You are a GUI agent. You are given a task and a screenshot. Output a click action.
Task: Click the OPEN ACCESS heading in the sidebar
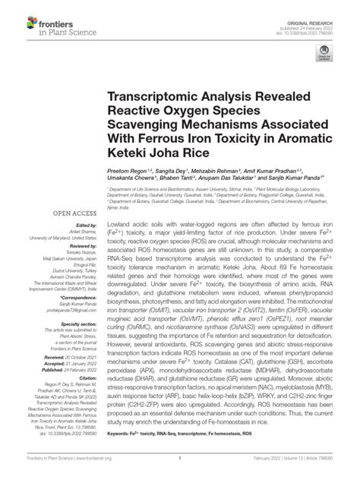[x=52, y=214]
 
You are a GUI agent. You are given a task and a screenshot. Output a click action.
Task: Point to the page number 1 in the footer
[x=179, y=469]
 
